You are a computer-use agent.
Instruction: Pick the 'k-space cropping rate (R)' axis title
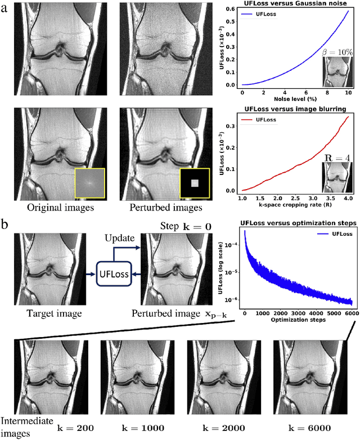click(x=296, y=206)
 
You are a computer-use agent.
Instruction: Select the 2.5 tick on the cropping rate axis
click(x=296, y=199)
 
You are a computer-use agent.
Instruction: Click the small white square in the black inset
click(x=194, y=183)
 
